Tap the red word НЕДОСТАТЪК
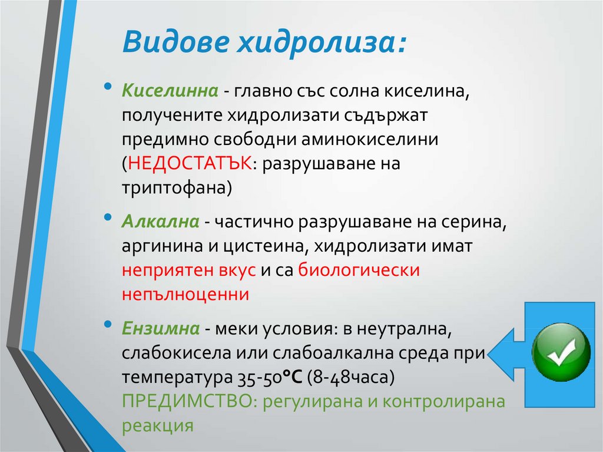(190, 163)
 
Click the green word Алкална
(159, 222)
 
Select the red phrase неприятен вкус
(188, 270)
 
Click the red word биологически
(359, 270)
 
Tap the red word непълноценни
(185, 294)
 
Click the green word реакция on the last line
(158, 425)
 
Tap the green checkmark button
(561, 352)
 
